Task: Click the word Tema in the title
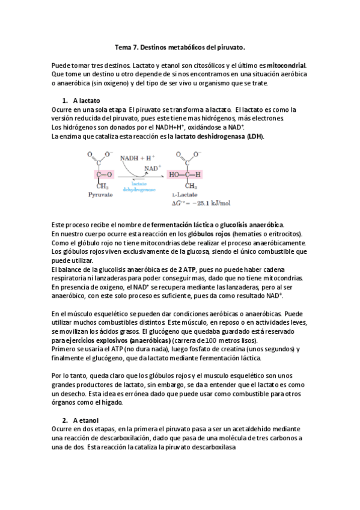[123, 46]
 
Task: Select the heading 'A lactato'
[86, 100]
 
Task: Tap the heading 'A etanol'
[85, 419]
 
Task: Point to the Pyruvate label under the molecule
[100, 195]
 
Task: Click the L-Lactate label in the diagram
[185, 196]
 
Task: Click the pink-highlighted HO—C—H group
[186, 174]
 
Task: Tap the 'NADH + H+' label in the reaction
[138, 158]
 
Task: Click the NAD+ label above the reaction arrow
[151, 168]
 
